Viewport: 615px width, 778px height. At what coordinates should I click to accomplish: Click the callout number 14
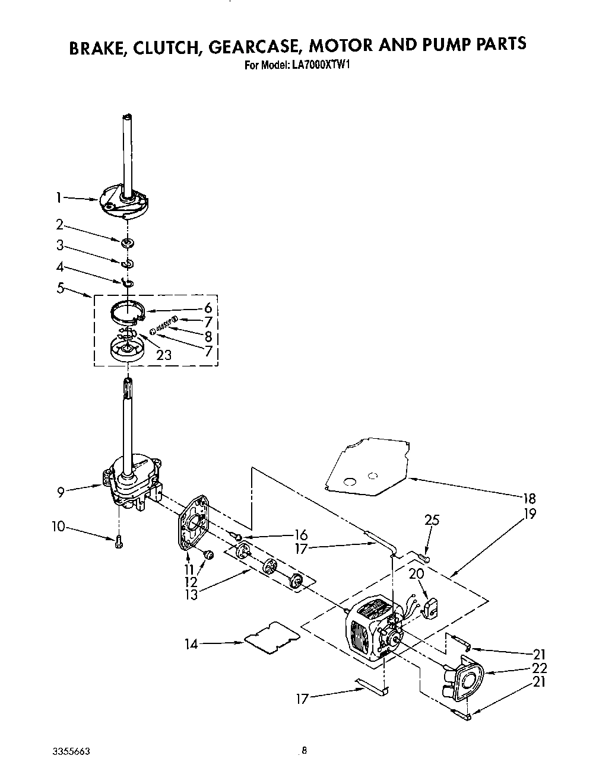[x=191, y=642]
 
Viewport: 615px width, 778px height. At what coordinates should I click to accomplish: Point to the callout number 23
[x=164, y=355]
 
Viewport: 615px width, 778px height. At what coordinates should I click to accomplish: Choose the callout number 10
[x=58, y=525]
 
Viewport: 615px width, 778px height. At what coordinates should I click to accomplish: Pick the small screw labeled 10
[x=118, y=541]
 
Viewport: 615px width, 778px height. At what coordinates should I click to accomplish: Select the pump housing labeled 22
[x=466, y=679]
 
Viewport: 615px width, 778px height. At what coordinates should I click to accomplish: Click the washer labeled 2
[x=127, y=243]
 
